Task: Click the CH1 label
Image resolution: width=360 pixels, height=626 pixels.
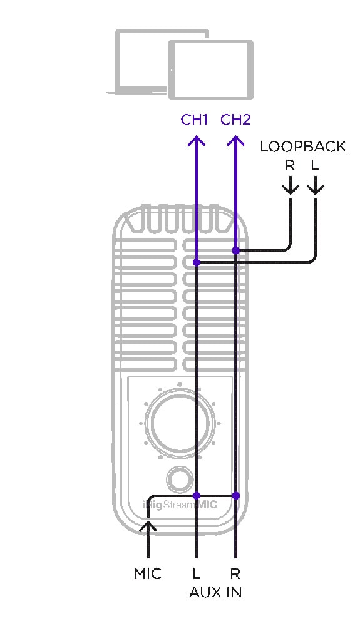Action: [194, 120]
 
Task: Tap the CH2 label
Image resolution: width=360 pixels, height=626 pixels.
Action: [235, 120]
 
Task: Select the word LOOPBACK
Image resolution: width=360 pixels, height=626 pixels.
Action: [303, 146]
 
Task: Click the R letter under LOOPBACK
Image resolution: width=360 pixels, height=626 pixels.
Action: [290, 165]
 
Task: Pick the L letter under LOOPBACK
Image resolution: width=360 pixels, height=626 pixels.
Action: [315, 165]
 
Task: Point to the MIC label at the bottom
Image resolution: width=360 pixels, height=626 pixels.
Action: [148, 573]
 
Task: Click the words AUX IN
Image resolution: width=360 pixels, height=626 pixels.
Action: [215, 592]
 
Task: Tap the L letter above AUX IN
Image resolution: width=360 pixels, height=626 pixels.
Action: [197, 573]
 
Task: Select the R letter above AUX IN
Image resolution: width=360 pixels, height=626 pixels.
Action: [235, 573]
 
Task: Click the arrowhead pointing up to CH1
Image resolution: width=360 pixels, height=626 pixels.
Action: [197, 140]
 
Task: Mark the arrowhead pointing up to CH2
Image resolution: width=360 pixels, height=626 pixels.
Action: [235, 140]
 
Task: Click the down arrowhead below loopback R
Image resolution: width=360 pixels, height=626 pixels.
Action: [290, 190]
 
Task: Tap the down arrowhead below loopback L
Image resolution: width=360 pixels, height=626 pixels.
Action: [316, 190]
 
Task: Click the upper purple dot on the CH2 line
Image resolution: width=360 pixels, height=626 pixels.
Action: [236, 251]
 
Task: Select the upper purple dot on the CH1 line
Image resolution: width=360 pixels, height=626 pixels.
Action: [197, 263]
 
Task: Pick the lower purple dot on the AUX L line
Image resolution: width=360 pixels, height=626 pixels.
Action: [197, 496]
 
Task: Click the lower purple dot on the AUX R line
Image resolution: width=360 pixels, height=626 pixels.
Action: [236, 496]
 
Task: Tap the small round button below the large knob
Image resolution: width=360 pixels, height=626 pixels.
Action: [180, 479]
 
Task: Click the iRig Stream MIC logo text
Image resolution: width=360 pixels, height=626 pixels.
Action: [180, 505]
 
